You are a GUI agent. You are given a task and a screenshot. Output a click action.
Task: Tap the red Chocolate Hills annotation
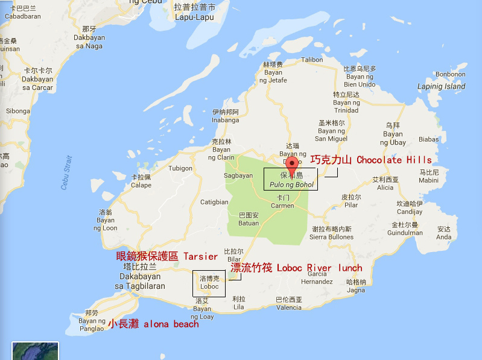pos(371,160)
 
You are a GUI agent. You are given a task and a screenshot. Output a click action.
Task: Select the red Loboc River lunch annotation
pos(296,268)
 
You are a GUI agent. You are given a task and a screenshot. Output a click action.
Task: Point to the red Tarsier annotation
pos(166,256)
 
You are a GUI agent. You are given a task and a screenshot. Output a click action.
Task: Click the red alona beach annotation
pos(153,324)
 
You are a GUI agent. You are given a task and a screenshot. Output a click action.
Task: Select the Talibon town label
pos(312,60)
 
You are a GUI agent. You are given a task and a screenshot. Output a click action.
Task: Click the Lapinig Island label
pos(441,86)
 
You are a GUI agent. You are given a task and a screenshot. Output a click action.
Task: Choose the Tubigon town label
pos(180,169)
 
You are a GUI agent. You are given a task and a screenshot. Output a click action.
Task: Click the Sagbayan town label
pos(238,175)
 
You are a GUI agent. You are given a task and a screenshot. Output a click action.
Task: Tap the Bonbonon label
pos(450,75)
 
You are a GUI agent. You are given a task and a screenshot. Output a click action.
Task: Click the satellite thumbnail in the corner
pos(35,351)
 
